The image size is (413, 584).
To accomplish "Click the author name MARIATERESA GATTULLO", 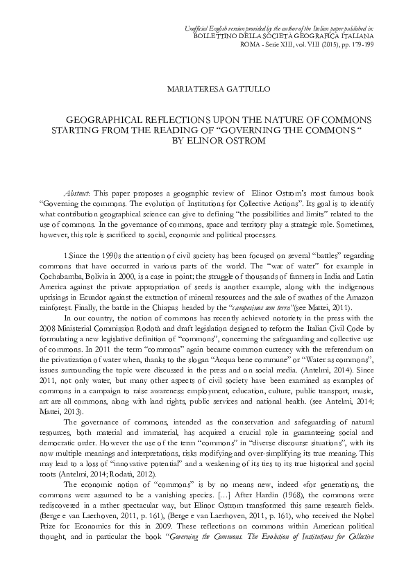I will (206, 89).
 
